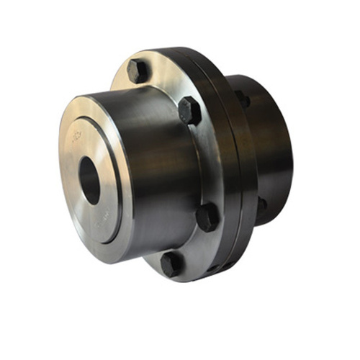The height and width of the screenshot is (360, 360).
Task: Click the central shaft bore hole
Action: pyautogui.click(x=90, y=180)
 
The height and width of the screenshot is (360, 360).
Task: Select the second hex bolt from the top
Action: pyautogui.click(x=189, y=110)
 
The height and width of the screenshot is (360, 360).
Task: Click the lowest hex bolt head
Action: pyautogui.click(x=171, y=263)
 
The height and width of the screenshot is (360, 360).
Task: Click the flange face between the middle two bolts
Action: pyautogui.click(x=205, y=162)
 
